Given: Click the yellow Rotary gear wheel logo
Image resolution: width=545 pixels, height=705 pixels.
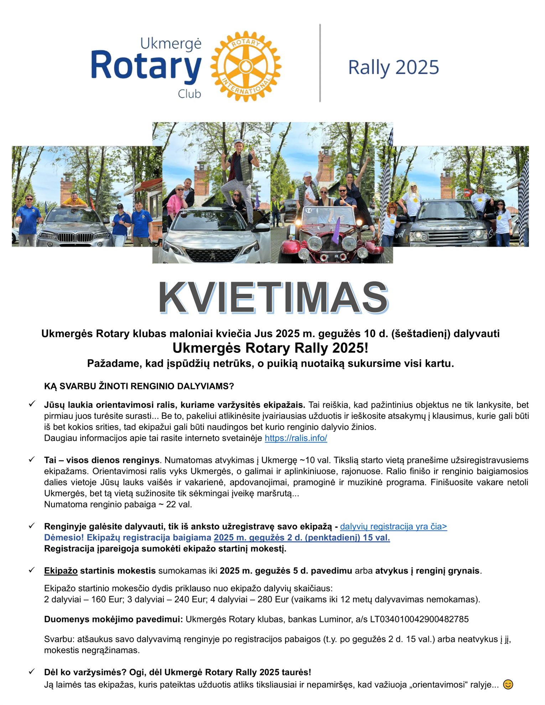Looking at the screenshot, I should click(x=245, y=66).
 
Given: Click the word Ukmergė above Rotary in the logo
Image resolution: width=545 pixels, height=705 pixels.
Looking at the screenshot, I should click(x=171, y=44).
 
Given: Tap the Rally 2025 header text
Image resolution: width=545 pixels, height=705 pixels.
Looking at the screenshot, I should click(x=393, y=67).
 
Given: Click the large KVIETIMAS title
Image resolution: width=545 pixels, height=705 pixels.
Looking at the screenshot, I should click(x=273, y=298).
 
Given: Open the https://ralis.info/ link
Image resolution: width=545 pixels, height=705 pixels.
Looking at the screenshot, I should click(x=296, y=438).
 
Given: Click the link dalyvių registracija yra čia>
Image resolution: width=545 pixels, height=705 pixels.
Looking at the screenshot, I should click(x=393, y=526).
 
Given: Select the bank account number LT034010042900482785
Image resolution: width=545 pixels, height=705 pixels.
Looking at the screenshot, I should click(x=419, y=619).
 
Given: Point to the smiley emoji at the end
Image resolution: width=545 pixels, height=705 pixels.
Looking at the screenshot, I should click(x=508, y=685).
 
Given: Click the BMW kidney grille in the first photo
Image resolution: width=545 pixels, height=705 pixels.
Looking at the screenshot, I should click(x=75, y=237).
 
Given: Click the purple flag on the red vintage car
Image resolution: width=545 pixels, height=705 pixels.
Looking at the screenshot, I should click(x=336, y=231).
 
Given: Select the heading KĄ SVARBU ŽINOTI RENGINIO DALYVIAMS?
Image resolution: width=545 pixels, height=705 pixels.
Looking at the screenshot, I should click(x=139, y=386).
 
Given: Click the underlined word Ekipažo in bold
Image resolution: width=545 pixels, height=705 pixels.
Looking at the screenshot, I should click(x=61, y=571).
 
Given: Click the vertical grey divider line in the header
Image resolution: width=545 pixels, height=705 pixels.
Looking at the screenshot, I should click(x=320, y=63).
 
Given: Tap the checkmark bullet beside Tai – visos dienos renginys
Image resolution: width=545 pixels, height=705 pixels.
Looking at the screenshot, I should click(x=32, y=460).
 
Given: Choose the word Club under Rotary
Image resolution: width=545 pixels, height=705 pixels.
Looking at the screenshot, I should click(x=190, y=94).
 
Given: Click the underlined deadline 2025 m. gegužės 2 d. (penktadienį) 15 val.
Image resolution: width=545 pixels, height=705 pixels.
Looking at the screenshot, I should click(x=302, y=537).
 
